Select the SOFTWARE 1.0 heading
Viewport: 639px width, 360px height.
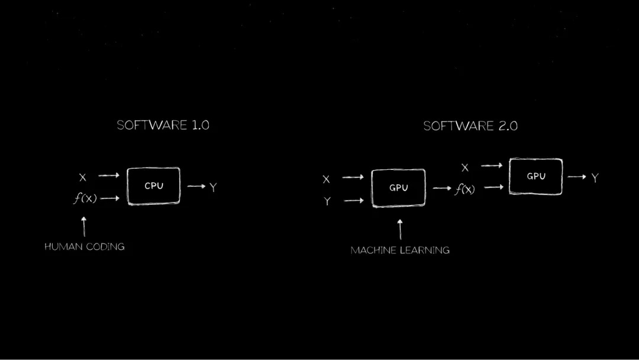163,125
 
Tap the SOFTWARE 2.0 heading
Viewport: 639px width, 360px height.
470,126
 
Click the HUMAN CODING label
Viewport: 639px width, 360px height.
85,247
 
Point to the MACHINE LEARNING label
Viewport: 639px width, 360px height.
400,250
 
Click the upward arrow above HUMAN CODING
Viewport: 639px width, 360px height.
84,227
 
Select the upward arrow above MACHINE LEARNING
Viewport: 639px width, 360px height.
400,230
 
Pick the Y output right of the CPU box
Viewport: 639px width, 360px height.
213,188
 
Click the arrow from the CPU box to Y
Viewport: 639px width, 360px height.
196,187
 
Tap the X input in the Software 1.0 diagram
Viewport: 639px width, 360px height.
83,178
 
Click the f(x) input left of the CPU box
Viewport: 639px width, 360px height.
85,198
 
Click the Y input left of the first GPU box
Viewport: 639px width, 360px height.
327,201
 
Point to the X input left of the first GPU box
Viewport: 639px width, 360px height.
326,179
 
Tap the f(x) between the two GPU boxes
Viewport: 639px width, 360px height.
465,189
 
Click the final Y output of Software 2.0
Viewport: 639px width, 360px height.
595,178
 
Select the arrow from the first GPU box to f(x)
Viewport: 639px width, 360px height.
442,188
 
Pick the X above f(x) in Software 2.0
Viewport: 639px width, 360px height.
465,168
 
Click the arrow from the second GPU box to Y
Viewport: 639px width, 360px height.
577,176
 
